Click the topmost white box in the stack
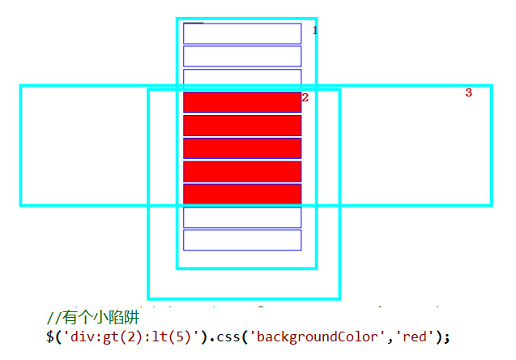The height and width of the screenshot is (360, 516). click(242, 33)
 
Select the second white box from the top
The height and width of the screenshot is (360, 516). click(242, 56)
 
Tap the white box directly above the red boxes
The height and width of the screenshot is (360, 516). click(242, 78)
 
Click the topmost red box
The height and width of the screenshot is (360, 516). click(242, 102)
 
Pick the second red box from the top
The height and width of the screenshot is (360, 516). click(242, 126)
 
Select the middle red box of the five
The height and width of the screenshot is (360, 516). click(242, 148)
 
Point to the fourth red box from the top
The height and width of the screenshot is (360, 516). click(242, 171)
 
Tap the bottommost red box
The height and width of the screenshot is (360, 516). click(242, 195)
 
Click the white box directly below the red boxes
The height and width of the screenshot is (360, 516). click(242, 217)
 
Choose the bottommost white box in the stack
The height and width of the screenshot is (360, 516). click(242, 240)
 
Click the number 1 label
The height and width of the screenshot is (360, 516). click(315, 30)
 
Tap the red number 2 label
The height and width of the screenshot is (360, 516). click(305, 97)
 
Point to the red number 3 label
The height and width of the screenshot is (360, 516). click(468, 93)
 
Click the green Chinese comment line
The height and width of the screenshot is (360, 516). click(94, 319)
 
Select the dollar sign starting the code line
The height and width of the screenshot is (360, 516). click(51, 335)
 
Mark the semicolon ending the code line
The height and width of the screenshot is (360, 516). click(446, 336)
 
